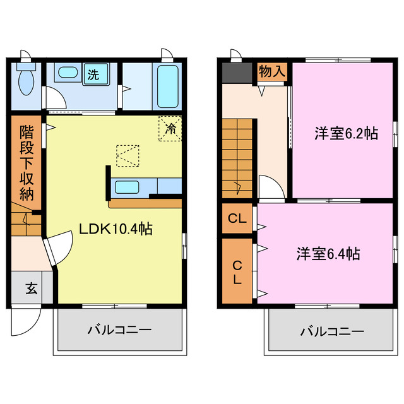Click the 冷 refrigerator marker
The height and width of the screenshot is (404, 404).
[x=170, y=128]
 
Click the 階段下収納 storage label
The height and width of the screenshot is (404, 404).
[x=26, y=163]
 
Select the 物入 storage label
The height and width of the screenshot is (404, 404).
[x=272, y=71]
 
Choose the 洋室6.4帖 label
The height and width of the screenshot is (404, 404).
[x=329, y=254]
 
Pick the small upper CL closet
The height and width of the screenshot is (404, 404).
[x=237, y=219]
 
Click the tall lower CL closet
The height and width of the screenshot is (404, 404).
[x=237, y=271]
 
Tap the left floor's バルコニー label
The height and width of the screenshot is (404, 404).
[x=119, y=331]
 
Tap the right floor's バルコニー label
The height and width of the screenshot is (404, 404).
[x=331, y=331]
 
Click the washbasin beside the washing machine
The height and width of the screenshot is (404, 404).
[x=67, y=74]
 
